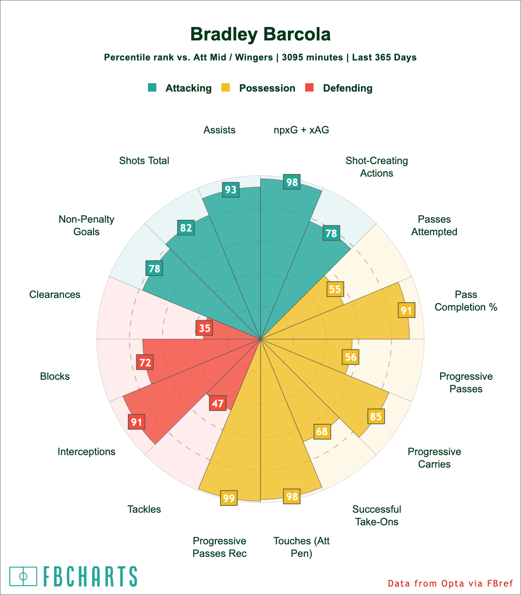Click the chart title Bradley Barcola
pyautogui.click(x=260, y=34)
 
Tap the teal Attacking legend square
pyautogui.click(x=152, y=87)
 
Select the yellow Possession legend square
pyautogui.click(x=226, y=87)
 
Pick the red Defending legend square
pyautogui.click(x=309, y=87)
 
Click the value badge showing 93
pyautogui.click(x=231, y=190)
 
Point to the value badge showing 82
pyautogui.click(x=186, y=228)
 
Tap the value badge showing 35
pyautogui.click(x=204, y=328)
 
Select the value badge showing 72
pyautogui.click(x=145, y=363)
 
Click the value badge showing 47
pyautogui.click(x=218, y=403)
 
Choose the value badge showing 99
pyautogui.click(x=229, y=499)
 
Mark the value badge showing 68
pyautogui.click(x=322, y=432)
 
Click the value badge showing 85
pyautogui.click(x=376, y=416)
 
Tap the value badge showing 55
pyautogui.click(x=335, y=289)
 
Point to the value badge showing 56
pyautogui.click(x=351, y=357)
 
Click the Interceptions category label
pyautogui.click(x=87, y=451)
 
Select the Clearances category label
pyautogui.click(x=55, y=295)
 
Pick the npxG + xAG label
pyautogui.click(x=301, y=130)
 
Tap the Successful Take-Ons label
pyautogui.click(x=377, y=516)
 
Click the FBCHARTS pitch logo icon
pyautogui.click(x=23, y=576)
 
